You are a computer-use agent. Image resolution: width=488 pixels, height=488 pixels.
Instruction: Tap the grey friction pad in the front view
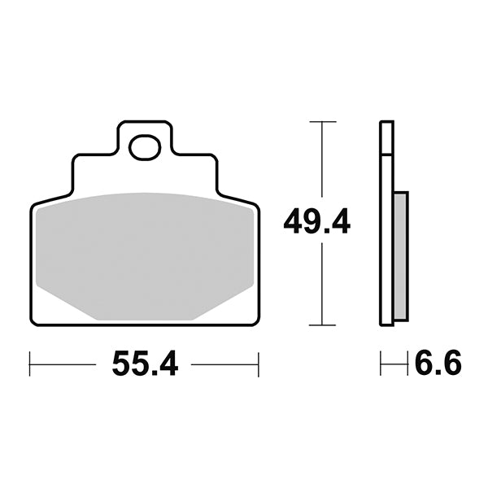tap(146, 252)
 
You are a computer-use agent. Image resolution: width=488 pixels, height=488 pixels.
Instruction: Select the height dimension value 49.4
tap(317, 220)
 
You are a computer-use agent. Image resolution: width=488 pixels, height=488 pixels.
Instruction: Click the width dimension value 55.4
tap(145, 364)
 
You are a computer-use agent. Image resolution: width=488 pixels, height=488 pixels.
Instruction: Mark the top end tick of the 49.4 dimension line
tap(323, 122)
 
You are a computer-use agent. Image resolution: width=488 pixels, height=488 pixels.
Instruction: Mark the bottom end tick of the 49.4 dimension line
tap(323, 325)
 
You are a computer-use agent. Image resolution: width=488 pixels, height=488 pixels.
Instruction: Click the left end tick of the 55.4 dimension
tap(30, 364)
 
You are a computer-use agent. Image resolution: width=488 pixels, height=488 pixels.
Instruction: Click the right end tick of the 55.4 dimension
tap(259, 364)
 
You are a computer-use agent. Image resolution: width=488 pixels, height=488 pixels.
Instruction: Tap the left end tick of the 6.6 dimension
tap(381, 364)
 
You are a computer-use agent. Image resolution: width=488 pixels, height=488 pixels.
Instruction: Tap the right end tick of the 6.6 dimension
tap(407, 364)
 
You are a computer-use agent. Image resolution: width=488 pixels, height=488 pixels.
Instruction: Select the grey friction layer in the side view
tap(400, 255)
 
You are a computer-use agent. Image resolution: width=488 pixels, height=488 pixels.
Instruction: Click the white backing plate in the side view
tap(387, 244)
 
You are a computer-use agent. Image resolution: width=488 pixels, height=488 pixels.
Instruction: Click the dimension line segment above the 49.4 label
tap(323, 163)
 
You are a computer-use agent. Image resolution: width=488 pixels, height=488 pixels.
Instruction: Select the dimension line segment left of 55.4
tap(65, 364)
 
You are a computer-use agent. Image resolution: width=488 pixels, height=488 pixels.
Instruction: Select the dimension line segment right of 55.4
tap(224, 364)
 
